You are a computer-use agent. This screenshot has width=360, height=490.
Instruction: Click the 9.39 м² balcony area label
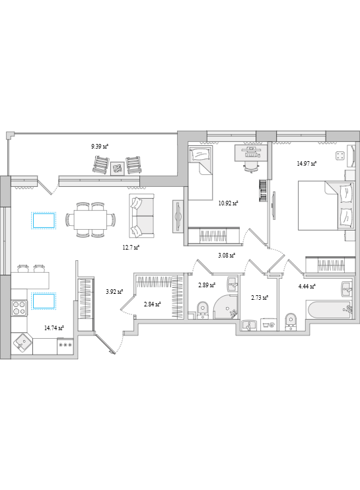(99, 146)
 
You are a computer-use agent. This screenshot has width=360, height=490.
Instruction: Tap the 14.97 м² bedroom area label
(306, 163)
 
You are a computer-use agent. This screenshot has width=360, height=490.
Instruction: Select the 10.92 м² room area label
(228, 203)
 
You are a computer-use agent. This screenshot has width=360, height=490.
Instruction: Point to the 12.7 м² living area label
(131, 248)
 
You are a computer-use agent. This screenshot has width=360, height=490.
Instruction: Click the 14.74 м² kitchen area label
(54, 328)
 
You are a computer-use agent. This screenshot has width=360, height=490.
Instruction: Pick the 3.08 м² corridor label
(227, 256)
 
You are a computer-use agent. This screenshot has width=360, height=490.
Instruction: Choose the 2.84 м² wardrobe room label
(152, 304)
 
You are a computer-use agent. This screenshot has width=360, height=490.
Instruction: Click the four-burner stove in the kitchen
(19, 308)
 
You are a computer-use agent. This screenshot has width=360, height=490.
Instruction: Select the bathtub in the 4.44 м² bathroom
(330, 310)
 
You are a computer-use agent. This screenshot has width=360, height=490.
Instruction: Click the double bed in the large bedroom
(326, 205)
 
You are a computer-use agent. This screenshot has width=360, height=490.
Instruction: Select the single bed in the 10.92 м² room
(200, 173)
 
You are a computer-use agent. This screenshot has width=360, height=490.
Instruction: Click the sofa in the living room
(141, 216)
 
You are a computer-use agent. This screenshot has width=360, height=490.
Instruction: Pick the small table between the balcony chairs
(118, 169)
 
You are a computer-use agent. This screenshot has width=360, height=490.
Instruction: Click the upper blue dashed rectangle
(44, 221)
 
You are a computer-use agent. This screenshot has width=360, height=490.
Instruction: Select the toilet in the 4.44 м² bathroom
(291, 321)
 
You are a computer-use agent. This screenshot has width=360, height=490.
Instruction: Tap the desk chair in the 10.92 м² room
(252, 166)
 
